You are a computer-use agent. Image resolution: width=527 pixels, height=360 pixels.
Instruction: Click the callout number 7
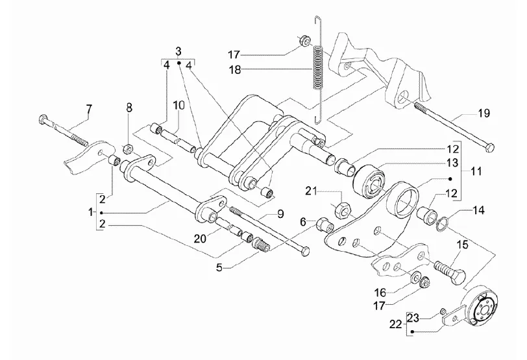pyautogui.click(x=88, y=109)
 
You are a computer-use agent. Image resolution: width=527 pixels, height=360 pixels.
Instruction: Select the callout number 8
pyautogui.click(x=129, y=108)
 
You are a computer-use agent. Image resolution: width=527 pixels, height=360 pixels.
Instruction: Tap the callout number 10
pyautogui.click(x=179, y=106)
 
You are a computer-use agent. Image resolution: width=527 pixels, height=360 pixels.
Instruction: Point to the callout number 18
pyautogui.click(x=235, y=70)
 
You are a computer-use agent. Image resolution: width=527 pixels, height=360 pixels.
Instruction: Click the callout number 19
pyautogui.click(x=484, y=114)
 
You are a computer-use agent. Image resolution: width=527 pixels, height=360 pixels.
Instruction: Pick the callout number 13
pyautogui.click(x=453, y=163)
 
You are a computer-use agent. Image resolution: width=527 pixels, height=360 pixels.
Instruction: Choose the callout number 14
pyautogui.click(x=478, y=211)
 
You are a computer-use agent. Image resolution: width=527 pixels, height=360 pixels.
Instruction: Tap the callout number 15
pyautogui.click(x=463, y=245)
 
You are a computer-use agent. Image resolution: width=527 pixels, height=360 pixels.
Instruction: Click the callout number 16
pyautogui.click(x=380, y=293)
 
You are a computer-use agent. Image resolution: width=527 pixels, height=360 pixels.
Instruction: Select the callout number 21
pyautogui.click(x=311, y=191)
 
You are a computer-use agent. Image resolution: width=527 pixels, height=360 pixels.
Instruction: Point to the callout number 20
pyautogui.click(x=200, y=239)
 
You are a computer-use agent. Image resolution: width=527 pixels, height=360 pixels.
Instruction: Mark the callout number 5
pyautogui.click(x=219, y=268)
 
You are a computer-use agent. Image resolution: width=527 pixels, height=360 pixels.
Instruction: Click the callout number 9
pyautogui.click(x=280, y=214)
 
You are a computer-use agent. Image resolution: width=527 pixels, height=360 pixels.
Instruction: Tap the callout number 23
pyautogui.click(x=413, y=318)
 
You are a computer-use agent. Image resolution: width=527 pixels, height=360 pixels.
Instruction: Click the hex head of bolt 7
pyautogui.click(x=44, y=119)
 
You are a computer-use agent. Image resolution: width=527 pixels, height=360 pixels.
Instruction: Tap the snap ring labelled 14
pyautogui.click(x=441, y=224)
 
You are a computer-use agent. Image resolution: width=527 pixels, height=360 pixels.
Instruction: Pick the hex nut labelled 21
pyautogui.click(x=343, y=210)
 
